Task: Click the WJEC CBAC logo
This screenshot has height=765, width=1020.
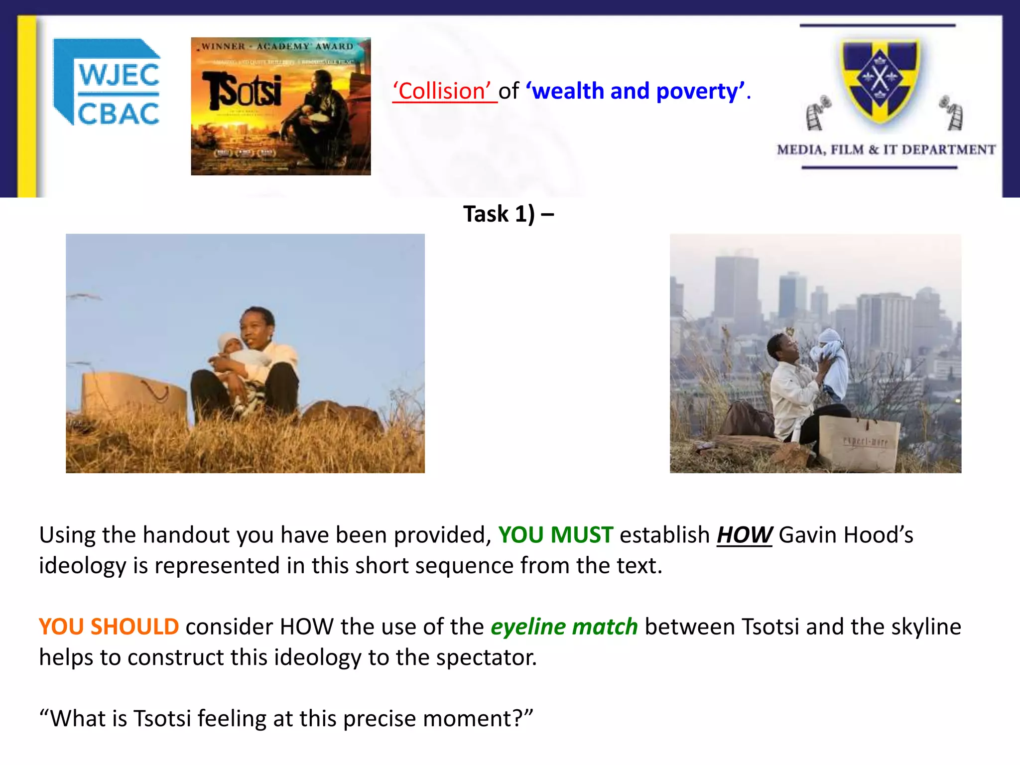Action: point(108,82)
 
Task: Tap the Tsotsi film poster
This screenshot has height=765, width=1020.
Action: point(280,106)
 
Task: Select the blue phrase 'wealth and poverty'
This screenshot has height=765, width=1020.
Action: point(636,91)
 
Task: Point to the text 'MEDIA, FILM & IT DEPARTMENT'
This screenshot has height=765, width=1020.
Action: point(886,149)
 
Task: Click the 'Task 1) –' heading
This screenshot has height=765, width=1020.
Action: point(509,214)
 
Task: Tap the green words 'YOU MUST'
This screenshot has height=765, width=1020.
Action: point(555,535)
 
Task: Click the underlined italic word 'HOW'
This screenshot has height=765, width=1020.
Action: point(744,535)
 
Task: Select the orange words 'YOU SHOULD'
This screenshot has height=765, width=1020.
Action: point(109,627)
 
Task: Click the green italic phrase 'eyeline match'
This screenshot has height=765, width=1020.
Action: point(564,627)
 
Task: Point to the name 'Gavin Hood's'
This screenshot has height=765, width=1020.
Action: point(846,535)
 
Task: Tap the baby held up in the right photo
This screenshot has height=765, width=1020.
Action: point(829,361)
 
